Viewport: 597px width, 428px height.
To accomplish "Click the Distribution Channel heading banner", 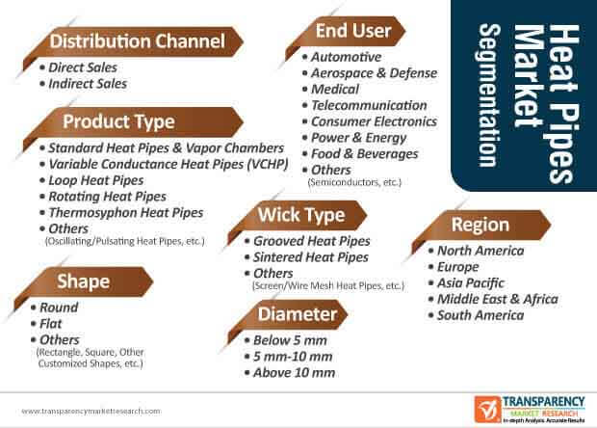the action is [x=133, y=41].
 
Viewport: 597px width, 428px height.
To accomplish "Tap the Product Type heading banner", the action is [x=133, y=122].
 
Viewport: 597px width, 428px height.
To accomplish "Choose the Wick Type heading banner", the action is [x=298, y=216].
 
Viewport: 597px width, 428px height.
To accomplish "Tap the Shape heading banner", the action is [x=84, y=282].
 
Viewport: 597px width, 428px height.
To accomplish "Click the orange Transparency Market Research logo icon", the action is [x=487, y=410].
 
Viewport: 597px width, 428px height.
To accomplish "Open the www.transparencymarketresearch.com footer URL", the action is [x=91, y=412].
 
